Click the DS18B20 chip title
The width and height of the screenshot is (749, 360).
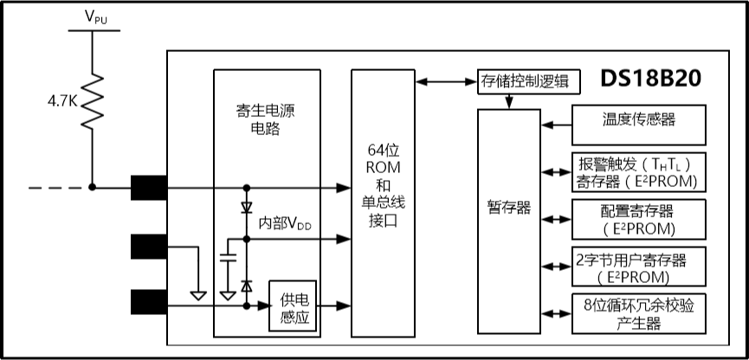click(651, 79)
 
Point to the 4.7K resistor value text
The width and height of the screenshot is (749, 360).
click(61, 101)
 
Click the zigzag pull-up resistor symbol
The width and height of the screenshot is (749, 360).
click(92, 102)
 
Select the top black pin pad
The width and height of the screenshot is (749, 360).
click(149, 187)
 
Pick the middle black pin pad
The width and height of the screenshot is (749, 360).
click(149, 246)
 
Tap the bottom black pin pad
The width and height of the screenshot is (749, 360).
click(149, 303)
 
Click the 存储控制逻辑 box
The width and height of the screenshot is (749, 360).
click(525, 81)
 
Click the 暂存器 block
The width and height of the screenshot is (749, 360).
click(509, 209)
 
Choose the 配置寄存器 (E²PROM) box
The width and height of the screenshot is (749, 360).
click(638, 218)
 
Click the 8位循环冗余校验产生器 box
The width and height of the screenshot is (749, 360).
click(638, 314)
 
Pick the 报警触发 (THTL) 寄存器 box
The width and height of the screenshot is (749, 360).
click(638, 171)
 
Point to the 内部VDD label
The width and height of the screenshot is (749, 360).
click(285, 223)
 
